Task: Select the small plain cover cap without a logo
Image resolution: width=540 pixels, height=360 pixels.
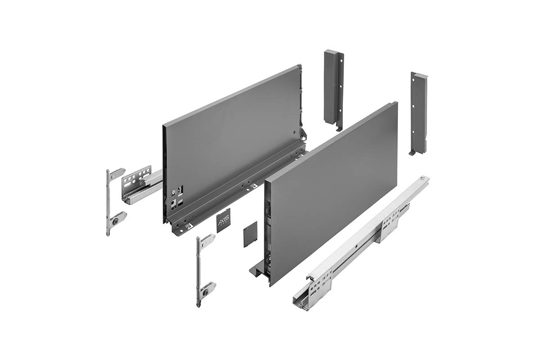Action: [250, 235]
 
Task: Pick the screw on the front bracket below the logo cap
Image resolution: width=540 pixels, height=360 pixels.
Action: [206, 291]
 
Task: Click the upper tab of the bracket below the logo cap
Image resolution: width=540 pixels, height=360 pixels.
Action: [207, 241]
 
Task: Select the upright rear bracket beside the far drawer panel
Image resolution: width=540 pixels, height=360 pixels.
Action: [333, 88]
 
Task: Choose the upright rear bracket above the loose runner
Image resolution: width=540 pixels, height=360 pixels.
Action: [418, 112]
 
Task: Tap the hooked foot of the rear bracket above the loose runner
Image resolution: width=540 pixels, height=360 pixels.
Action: [413, 153]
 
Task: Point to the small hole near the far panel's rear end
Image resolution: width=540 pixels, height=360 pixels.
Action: [293, 133]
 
